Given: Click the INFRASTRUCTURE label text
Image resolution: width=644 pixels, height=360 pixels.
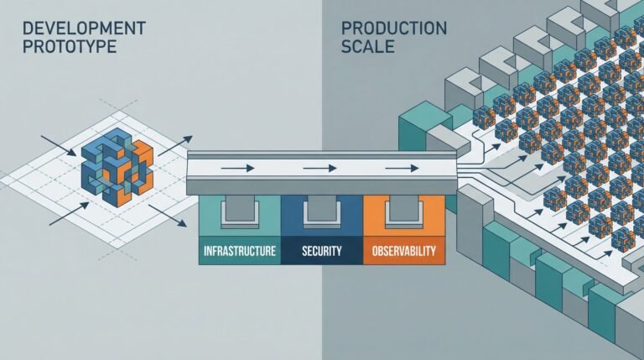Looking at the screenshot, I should pyautogui.click(x=239, y=251).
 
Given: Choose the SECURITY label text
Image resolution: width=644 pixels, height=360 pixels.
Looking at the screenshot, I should pyautogui.click(x=320, y=251).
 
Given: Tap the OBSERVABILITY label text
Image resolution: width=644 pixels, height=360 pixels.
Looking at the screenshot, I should pyautogui.click(x=402, y=251).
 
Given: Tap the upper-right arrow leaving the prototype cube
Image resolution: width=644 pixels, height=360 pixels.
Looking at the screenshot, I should pyautogui.click(x=174, y=143).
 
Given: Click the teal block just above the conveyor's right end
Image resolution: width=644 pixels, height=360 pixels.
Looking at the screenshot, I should pyautogui.click(x=419, y=134).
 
